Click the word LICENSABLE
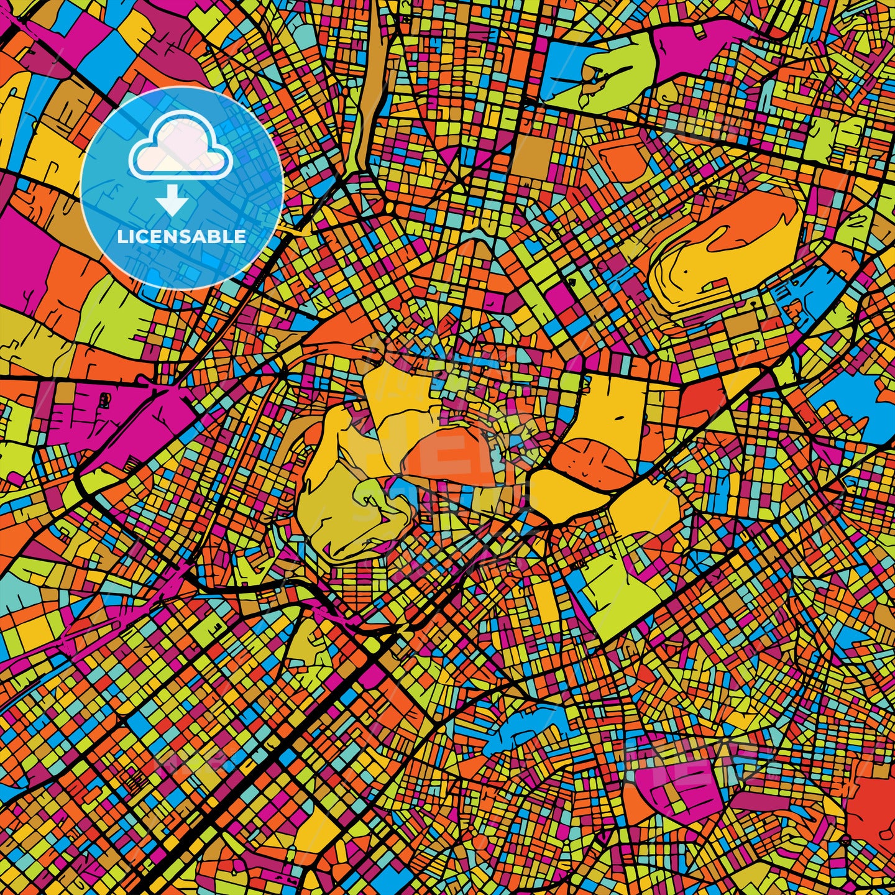tap(181, 237)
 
